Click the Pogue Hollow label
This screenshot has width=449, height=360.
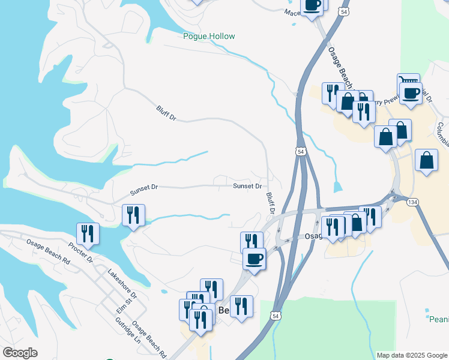pyautogui.click(x=209, y=37)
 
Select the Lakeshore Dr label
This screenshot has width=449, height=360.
pyautogui.click(x=122, y=283)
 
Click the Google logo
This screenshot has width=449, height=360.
pyautogui.click(x=20, y=353)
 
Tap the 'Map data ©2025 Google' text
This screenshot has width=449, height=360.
pyautogui.click(x=412, y=355)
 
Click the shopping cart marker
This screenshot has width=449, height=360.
pyautogui.click(x=408, y=82)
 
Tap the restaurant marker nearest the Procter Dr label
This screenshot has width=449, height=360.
pyautogui.click(x=88, y=233)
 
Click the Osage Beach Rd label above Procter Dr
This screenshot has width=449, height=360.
pyautogui.click(x=48, y=253)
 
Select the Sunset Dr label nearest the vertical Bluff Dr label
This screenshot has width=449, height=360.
pyautogui.click(x=247, y=186)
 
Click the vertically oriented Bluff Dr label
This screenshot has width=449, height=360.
pyautogui.click(x=270, y=203)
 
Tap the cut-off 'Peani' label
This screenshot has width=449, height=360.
pyautogui.click(x=439, y=320)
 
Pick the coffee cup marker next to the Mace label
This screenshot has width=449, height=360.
pyautogui.click(x=312, y=5)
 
